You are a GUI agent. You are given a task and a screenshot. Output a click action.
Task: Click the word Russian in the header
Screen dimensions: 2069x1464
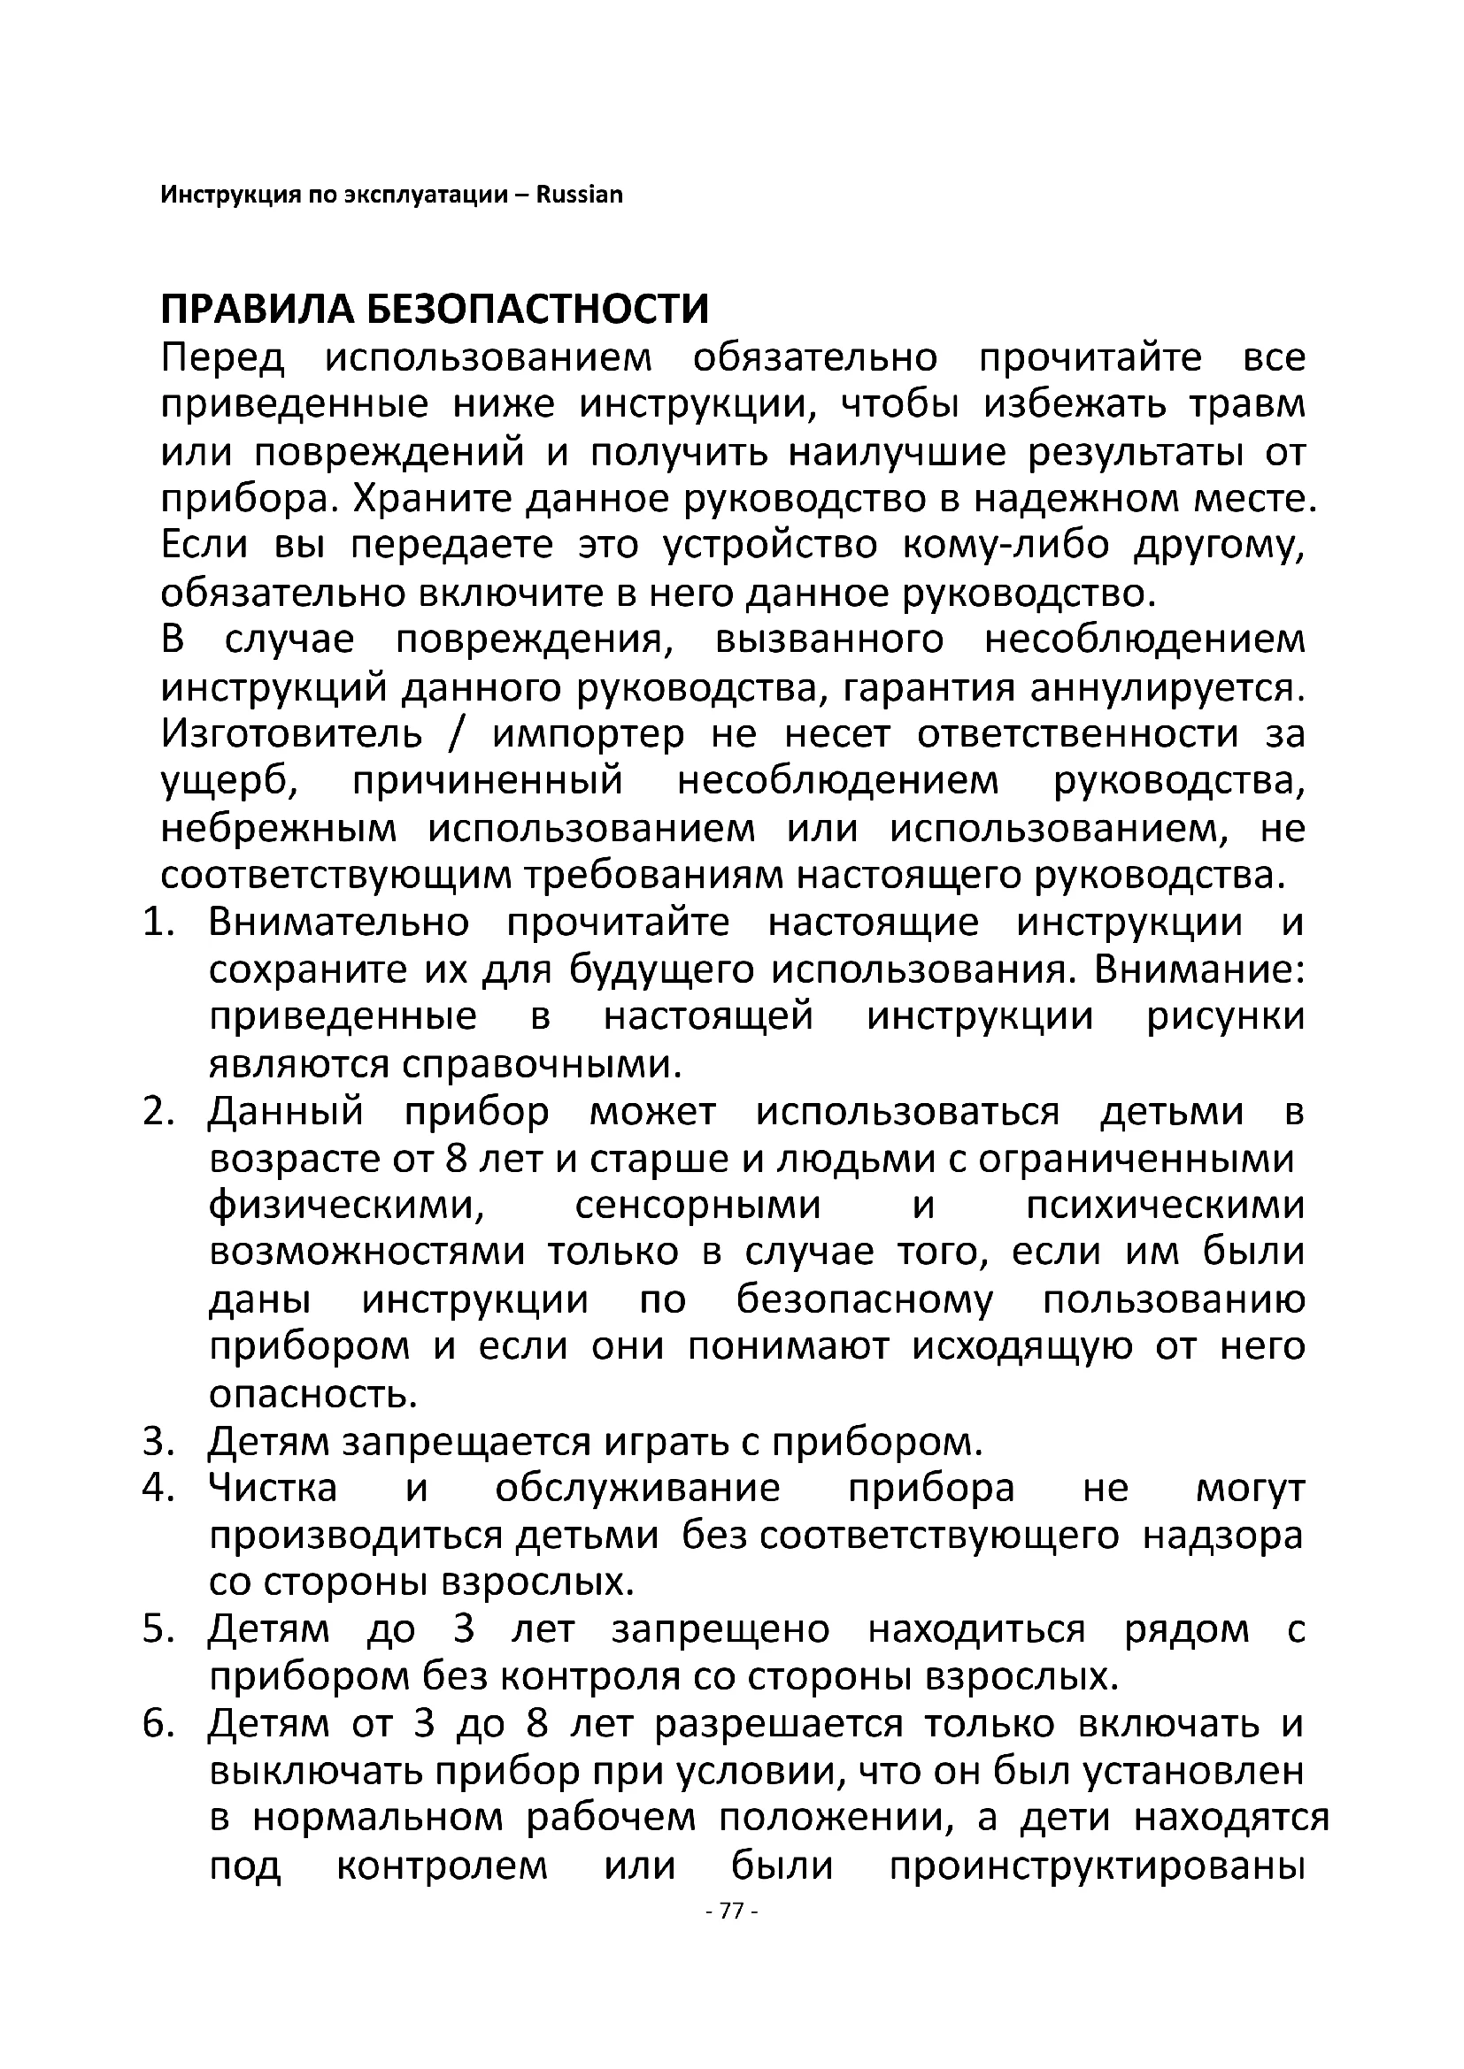point(579,195)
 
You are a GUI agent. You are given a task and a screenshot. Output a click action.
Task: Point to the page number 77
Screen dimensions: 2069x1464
point(732,1935)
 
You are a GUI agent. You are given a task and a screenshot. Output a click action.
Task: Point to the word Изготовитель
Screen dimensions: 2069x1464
point(291,734)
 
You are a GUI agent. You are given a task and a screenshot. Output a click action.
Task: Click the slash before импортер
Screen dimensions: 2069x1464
point(456,734)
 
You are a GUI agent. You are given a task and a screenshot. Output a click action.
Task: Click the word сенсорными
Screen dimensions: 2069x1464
point(697,1206)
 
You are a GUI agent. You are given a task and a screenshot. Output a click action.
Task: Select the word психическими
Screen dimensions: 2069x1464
point(1165,1206)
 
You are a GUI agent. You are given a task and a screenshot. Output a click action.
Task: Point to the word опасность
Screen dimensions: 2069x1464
point(313,1394)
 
